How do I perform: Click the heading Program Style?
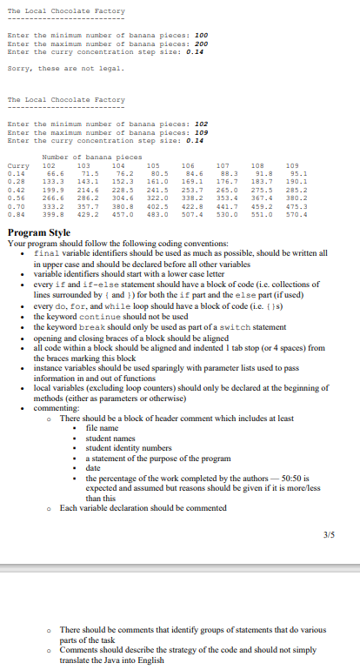click(39, 233)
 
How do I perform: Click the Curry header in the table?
click(17, 164)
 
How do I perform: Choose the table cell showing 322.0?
click(159, 197)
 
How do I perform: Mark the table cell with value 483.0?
click(159, 213)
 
